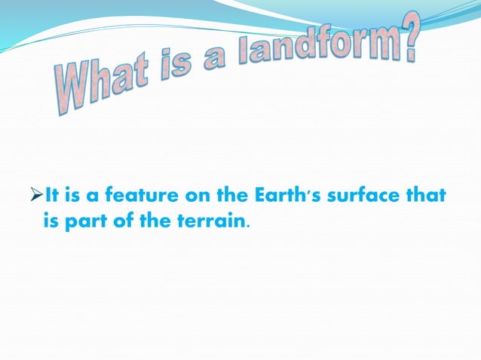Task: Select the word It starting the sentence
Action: click(x=52, y=197)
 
